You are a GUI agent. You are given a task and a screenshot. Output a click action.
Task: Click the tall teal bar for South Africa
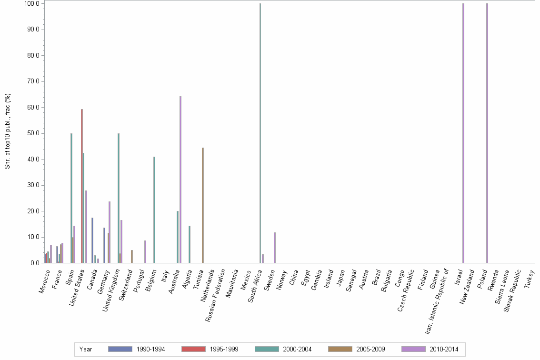pos(260,133)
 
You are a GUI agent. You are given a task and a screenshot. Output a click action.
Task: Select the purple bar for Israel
pos(463,133)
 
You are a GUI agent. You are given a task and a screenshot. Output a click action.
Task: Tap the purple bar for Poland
pos(487,133)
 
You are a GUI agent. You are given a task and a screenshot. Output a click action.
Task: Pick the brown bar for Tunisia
pos(202,205)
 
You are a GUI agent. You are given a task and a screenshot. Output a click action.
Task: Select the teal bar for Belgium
pos(154,210)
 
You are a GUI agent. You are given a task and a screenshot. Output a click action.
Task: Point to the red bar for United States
pos(81,186)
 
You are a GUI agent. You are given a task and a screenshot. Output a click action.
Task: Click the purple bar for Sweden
pos(275,248)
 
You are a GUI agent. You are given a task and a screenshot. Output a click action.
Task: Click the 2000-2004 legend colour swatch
pos(267,349)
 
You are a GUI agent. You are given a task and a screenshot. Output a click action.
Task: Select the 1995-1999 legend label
pos(224,349)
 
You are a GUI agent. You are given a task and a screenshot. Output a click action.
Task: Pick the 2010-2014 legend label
pos(444,349)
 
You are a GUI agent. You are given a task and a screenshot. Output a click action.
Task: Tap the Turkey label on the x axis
pos(530,279)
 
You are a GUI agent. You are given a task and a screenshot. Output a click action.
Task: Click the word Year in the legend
pos(86,349)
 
